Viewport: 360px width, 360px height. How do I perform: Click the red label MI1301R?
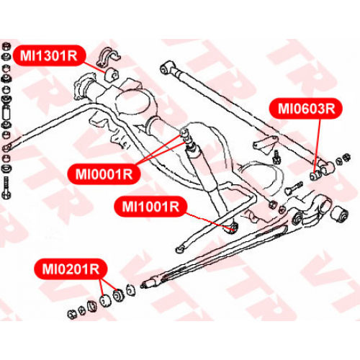49,55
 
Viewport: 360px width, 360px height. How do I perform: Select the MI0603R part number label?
306,109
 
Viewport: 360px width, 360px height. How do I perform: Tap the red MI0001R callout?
104,174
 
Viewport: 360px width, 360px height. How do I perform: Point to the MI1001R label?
150,207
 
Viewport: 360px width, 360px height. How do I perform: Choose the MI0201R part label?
71,269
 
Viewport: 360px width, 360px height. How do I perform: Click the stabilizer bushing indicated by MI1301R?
112,74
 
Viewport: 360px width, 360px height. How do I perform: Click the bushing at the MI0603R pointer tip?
315,176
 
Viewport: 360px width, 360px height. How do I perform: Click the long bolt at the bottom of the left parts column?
6,188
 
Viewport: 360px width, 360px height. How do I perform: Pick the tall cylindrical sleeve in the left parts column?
6,113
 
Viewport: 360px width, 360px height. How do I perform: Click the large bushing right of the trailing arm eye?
339,214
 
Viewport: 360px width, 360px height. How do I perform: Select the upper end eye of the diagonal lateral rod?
166,67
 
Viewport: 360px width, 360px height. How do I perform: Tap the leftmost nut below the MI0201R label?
72,314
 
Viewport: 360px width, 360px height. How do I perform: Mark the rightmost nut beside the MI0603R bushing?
347,158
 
